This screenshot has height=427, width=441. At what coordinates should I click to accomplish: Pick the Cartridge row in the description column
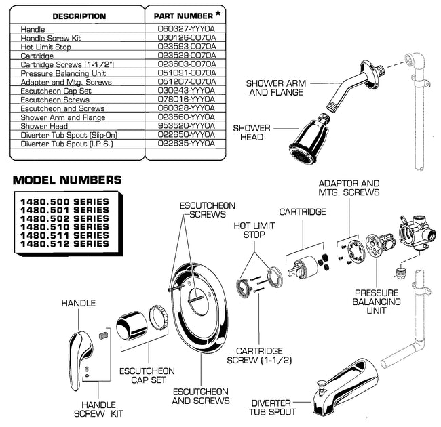tap(38, 56)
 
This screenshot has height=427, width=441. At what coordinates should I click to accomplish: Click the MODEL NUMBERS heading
tap(67, 180)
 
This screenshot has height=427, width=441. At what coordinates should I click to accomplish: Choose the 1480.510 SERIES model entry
tap(64, 227)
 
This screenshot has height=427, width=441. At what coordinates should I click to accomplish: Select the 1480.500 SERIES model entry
tap(64, 202)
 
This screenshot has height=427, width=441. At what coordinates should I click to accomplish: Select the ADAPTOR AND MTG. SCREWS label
tap(349, 188)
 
